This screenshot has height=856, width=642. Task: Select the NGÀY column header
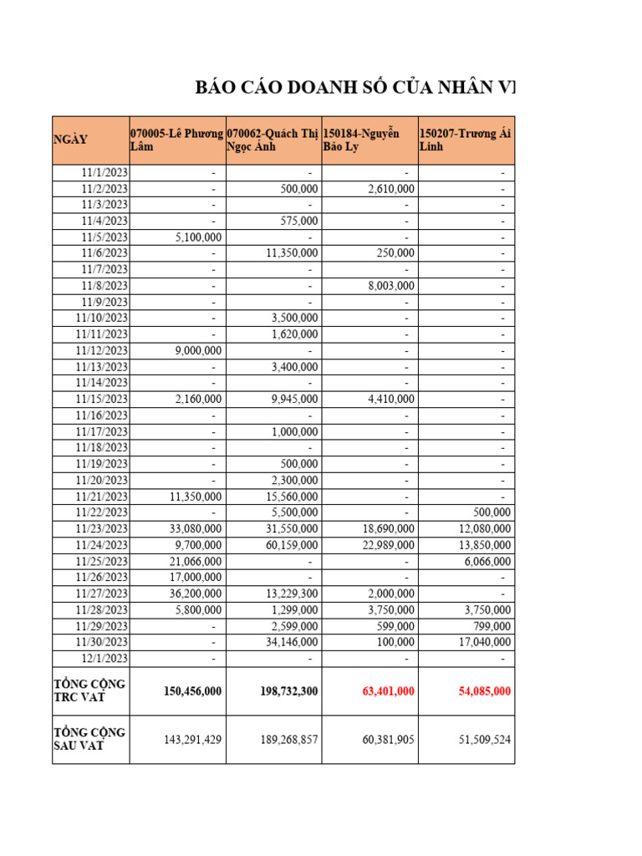70,140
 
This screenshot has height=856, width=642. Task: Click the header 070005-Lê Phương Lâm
176,140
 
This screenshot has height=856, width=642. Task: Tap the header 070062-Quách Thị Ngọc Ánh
273,140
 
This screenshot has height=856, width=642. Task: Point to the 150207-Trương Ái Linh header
465,140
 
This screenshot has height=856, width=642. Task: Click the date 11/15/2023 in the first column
101,399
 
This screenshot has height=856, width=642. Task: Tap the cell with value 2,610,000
390,189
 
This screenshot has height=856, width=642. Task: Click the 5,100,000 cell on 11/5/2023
198,237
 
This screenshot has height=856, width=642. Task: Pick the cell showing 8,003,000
390,286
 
